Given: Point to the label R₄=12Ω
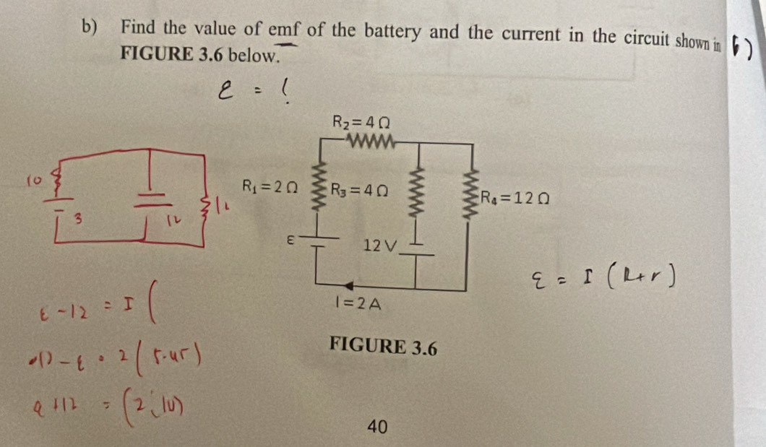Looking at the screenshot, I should coord(516,196).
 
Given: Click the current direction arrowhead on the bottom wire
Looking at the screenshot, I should coord(349,285).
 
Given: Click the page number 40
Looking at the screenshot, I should coord(376,428).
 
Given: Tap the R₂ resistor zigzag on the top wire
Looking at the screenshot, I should coord(370,139).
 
